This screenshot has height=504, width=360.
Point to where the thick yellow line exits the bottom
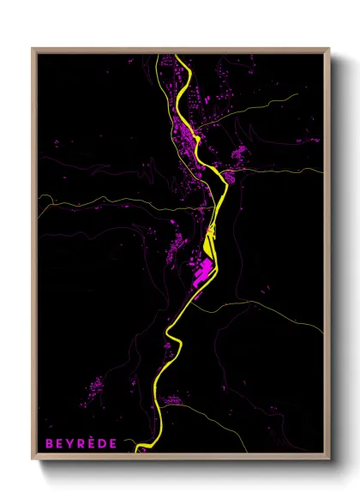(142, 447)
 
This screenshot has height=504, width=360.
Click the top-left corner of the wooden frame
(33, 49)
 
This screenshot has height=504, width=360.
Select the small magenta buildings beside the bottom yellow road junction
(173, 398)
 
